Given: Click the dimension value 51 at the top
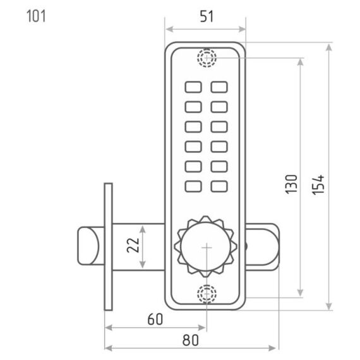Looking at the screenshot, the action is tap(207, 16).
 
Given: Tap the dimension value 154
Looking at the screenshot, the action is tap(318, 185).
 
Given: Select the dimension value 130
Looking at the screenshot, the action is tap(291, 184).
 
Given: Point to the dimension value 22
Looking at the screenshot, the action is tap(133, 245).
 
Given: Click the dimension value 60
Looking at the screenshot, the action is tap(155, 319).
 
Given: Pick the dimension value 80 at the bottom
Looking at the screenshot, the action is tap(191, 340).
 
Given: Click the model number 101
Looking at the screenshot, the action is tap(36, 16).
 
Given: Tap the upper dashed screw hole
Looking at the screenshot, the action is tap(207, 57).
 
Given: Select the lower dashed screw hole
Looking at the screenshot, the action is tap(207, 294).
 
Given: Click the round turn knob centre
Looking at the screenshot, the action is tap(206, 247).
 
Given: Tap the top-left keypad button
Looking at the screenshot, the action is tap(193, 87).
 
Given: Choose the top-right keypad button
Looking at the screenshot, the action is tap(219, 87).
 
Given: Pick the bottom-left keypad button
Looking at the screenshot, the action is tap(193, 186).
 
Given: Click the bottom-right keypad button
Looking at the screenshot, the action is tap(219, 186).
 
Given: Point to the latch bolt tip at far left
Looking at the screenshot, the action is tap(78, 246).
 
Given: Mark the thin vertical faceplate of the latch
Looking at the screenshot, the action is tap(108, 247).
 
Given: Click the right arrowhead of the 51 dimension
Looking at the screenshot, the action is tap(242, 29).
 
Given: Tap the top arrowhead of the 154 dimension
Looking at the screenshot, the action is tap(329, 47).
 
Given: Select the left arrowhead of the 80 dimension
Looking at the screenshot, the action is tap(109, 348).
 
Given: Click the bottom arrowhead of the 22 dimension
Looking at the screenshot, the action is tap(143, 264).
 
